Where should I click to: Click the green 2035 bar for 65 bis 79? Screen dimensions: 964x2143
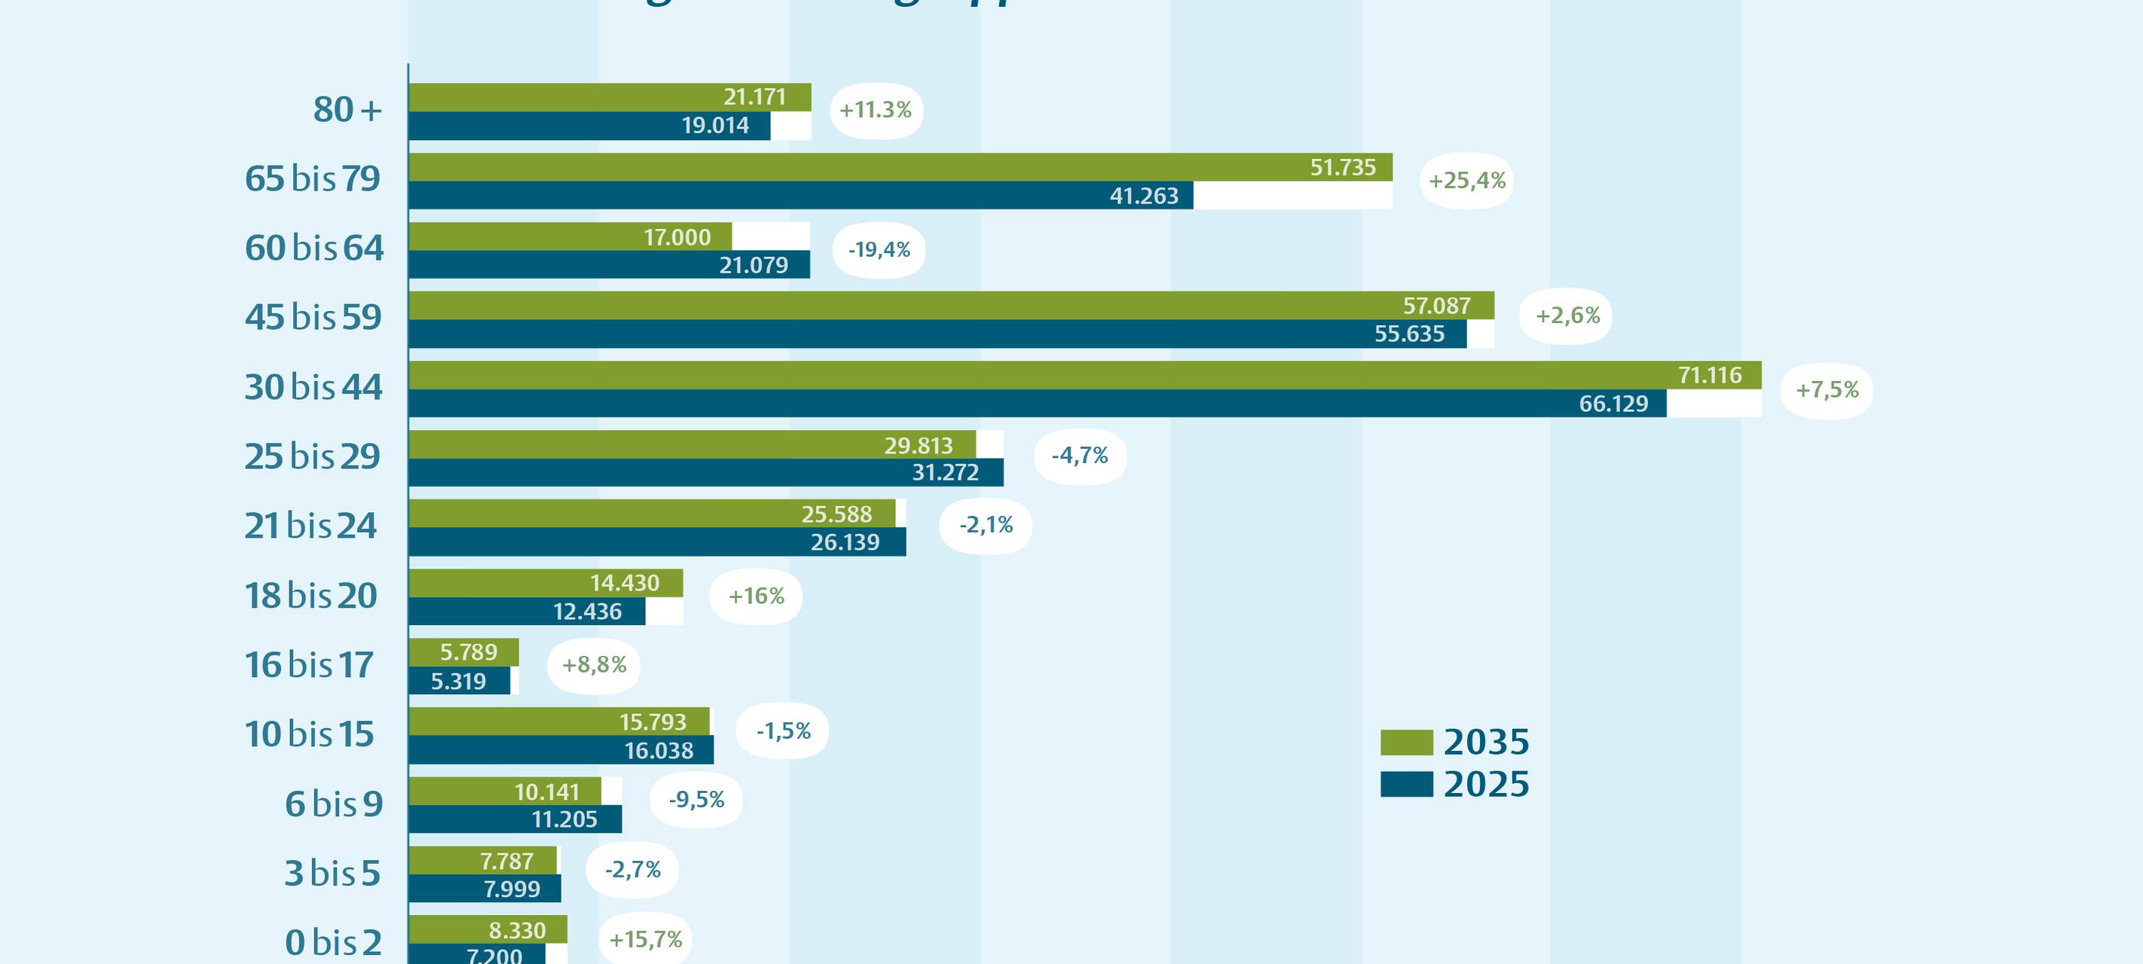[x=900, y=167]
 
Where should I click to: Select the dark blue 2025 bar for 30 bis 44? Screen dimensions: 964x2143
[x=1038, y=404]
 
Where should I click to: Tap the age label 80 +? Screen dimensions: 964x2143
[x=347, y=110]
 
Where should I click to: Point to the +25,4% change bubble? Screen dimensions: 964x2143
[x=1466, y=181]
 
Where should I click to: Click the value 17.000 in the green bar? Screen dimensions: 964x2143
[x=677, y=237]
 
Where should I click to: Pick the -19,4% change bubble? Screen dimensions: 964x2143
[x=879, y=249]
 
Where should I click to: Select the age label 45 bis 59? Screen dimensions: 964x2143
[x=313, y=317]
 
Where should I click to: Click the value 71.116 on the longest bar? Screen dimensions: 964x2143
[x=1710, y=375]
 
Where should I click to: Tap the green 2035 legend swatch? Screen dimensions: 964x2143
[x=1406, y=742]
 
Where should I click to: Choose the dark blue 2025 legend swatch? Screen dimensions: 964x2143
[x=1406, y=784]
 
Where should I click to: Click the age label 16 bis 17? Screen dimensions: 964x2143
[x=309, y=666]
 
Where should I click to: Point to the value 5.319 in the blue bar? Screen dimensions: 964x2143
[x=458, y=682]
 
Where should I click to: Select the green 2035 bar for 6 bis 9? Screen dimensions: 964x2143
[x=504, y=791]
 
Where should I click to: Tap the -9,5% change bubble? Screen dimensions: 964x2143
[x=696, y=800]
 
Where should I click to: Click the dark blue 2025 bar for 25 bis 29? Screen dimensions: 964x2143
[x=705, y=472]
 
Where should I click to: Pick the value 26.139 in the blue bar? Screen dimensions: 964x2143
[x=845, y=542]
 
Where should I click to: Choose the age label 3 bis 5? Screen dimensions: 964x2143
[x=332, y=874]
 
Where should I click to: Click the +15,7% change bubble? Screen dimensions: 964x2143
[x=646, y=940]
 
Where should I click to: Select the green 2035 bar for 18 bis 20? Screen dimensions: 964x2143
[x=546, y=583]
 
